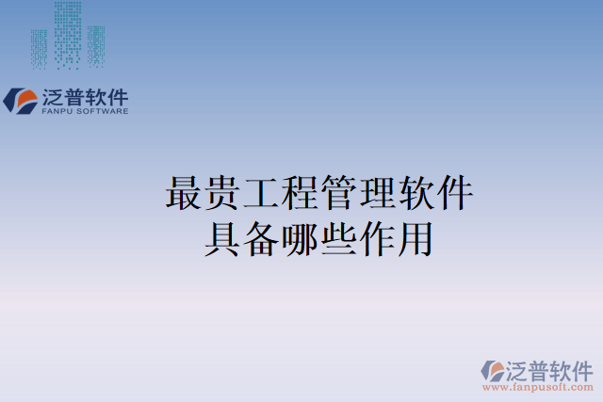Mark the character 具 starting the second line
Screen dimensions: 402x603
tap(222, 238)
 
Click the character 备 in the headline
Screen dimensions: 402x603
tap(261, 238)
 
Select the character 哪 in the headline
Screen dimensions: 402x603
tap(300, 238)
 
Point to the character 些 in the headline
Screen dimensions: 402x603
tap(338, 238)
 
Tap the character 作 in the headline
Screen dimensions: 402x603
tap(377, 238)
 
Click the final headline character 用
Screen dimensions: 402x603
tap(416, 238)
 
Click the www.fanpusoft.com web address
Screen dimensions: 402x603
tap(538, 387)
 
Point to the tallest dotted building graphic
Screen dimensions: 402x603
tap(68, 33)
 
